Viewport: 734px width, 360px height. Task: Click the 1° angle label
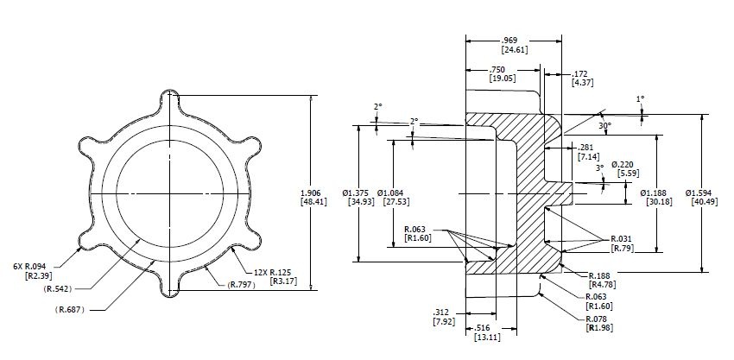[640, 99]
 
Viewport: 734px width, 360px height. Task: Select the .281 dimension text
[585, 148]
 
